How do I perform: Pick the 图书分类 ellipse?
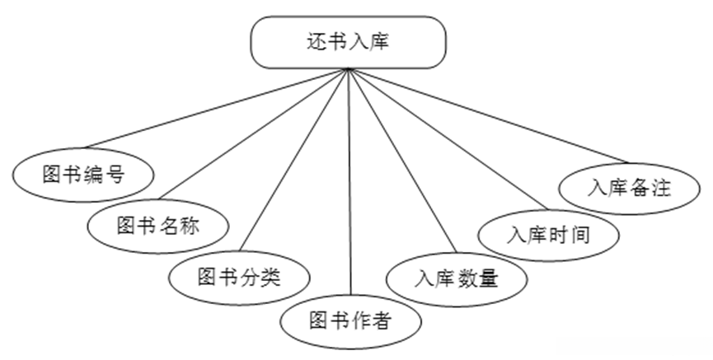pos(239,276)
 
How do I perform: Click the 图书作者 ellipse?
pos(349,320)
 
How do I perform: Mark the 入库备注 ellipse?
pos(628,187)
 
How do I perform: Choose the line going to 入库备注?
pos(486,116)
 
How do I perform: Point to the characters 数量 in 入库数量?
pos(477,278)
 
